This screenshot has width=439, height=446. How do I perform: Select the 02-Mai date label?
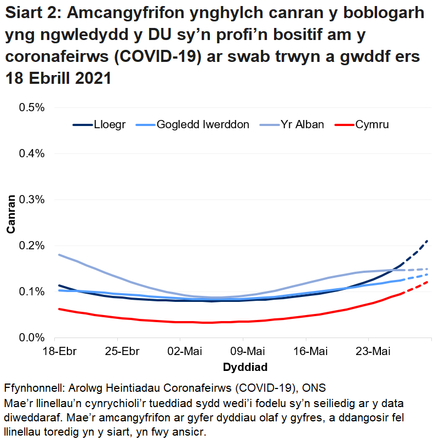point(183,351)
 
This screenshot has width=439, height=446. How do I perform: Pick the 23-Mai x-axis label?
point(369,351)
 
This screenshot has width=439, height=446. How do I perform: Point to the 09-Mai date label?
point(245,351)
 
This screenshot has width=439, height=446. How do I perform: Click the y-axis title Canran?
point(10,222)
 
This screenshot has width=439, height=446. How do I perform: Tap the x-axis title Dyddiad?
point(245,366)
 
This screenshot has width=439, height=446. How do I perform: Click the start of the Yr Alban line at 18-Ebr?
point(59,255)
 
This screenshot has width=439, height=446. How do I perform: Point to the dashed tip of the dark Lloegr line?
point(427,241)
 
